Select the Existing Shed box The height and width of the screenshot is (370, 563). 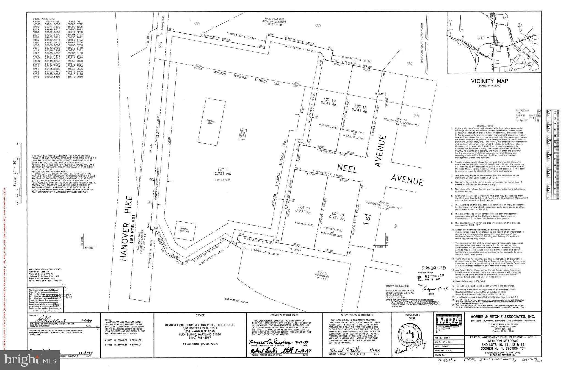tap(243, 135)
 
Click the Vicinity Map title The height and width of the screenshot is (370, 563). tap(489, 81)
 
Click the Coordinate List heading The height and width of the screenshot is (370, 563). tap(42, 19)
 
